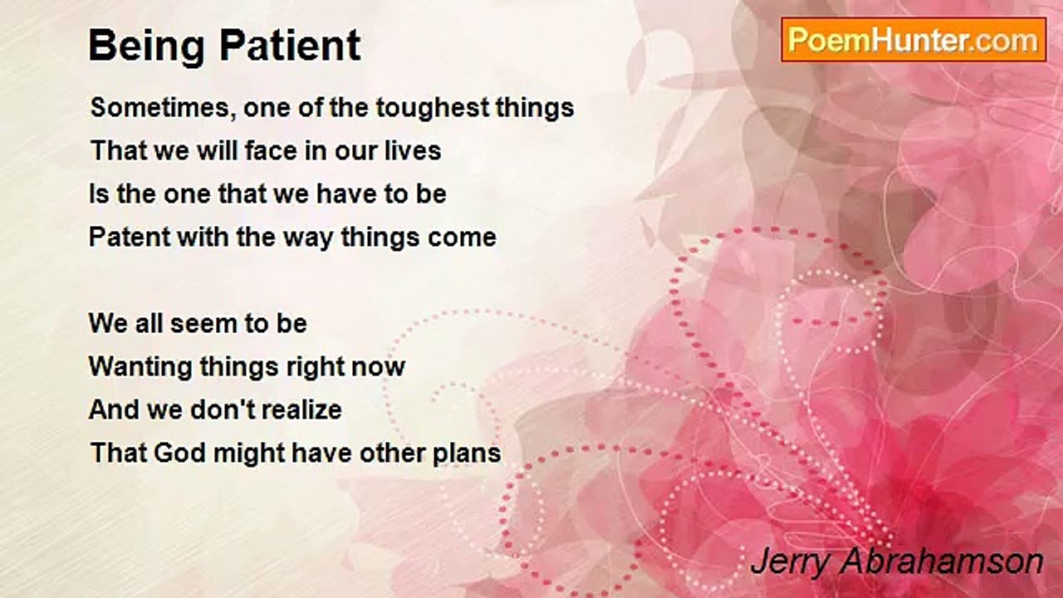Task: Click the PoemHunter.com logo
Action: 914,40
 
